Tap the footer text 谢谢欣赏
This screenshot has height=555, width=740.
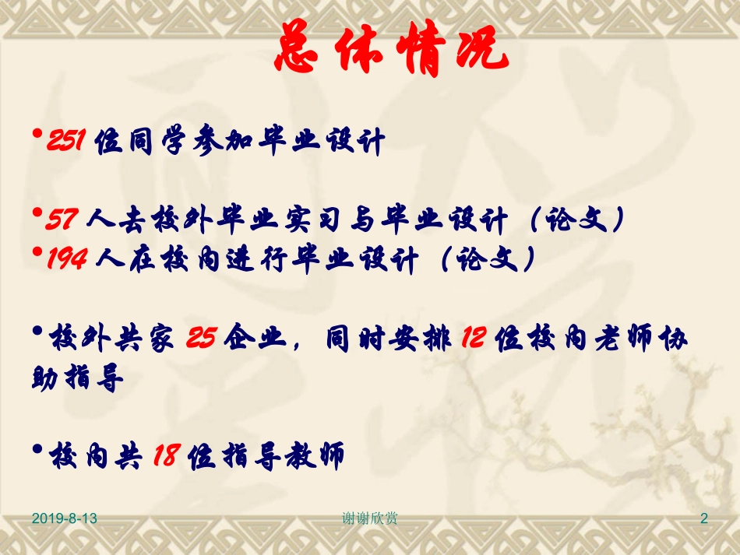click(x=370, y=518)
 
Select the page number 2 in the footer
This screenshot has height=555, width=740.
click(x=704, y=518)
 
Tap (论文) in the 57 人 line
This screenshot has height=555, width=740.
click(x=574, y=221)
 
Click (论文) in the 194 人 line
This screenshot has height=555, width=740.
click(x=485, y=260)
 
